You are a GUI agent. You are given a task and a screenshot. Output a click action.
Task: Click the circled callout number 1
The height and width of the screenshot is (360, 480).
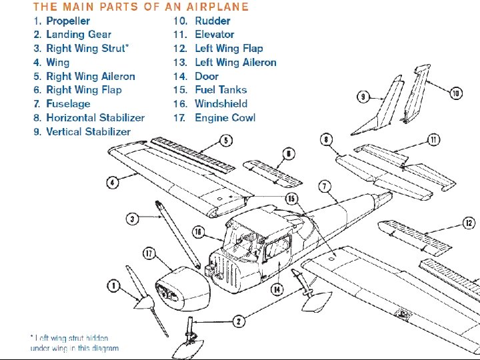tap(114, 286)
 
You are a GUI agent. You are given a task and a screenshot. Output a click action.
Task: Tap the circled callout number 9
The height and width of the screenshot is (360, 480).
tap(363, 97)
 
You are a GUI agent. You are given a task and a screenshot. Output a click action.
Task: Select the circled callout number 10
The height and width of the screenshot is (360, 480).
tap(456, 93)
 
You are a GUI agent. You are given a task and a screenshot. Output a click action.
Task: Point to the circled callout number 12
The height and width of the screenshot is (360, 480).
tap(469, 223)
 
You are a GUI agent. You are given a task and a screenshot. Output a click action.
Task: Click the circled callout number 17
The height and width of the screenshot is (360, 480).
tap(149, 253)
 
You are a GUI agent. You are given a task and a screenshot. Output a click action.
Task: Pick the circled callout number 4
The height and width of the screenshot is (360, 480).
tap(113, 181)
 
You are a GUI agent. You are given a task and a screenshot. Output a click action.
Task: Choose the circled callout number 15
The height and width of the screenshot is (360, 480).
tap(291, 199)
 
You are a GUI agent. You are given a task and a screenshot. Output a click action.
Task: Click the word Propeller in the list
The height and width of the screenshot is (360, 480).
tap(68, 21)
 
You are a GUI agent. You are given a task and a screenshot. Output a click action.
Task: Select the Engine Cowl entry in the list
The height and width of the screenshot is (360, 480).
tap(225, 117)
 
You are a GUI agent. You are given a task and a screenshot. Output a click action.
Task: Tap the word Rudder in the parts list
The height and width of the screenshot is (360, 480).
tap(213, 21)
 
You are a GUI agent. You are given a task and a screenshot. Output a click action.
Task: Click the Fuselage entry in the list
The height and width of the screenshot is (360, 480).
tap(68, 103)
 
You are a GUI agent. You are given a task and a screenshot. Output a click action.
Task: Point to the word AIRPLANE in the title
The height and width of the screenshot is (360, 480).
tap(217, 7)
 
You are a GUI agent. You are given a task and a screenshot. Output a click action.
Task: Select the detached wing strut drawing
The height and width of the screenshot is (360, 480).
tap(178, 233)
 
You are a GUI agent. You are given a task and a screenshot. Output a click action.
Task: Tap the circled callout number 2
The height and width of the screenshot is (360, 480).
tap(239, 321)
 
